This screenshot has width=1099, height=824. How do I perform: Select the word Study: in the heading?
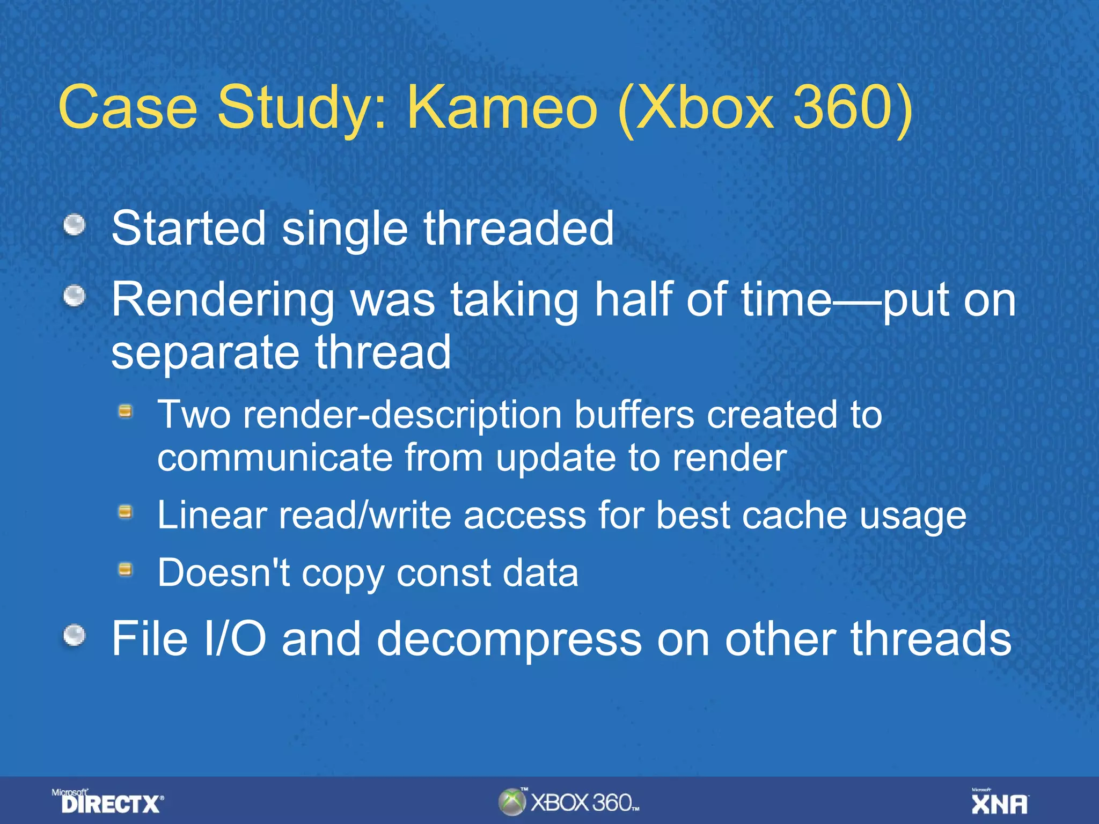coord(301,109)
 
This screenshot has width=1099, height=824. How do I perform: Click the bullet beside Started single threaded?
coord(75,225)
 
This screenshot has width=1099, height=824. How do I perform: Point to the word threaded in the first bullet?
coord(518,229)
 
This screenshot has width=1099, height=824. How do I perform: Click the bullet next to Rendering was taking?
coord(75,296)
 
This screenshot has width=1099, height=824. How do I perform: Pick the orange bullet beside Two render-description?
coord(126,411)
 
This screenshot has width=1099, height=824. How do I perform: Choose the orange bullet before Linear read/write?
coord(126,512)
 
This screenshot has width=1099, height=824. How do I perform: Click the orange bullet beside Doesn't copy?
coord(126,569)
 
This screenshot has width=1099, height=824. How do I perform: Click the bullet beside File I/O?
coord(75,636)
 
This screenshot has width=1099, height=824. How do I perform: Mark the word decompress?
coord(509,639)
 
